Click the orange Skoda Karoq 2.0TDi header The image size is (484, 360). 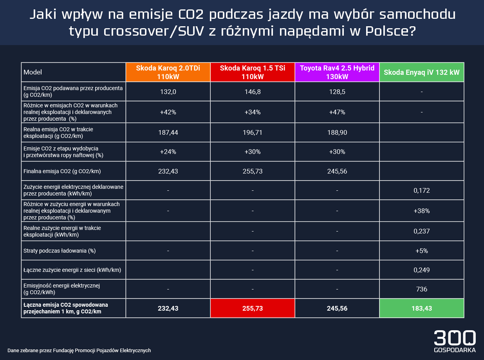tap(168, 72)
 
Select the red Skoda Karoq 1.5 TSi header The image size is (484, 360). tap(253, 72)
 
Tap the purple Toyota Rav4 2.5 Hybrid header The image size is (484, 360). tap(337, 72)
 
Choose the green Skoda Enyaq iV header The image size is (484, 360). tap(421, 72)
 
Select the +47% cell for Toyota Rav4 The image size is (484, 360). tap(337, 112)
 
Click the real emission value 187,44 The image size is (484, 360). tap(168, 133)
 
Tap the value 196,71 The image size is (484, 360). tap(253, 133)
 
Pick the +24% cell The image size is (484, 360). tap(168, 152)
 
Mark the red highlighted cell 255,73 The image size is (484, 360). tap(253, 308)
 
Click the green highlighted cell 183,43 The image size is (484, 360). tap(421, 308)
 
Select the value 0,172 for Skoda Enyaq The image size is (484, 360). tap(421, 190)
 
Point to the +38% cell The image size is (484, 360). tap(421, 211)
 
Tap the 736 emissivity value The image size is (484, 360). tap(421, 289)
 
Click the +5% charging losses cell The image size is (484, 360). tap(421, 251)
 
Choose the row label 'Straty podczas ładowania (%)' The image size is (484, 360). tap(60, 251)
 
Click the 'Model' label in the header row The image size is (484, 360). tap(33, 72)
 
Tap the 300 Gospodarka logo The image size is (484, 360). tap(455, 341)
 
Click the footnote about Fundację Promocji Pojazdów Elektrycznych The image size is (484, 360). tap(79, 350)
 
